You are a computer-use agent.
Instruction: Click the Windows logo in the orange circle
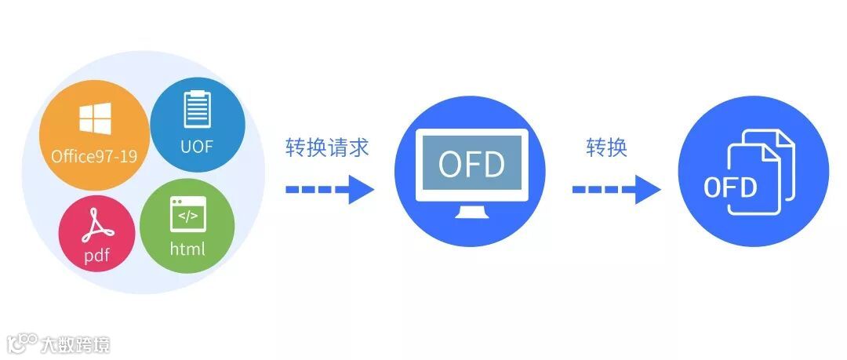pos(94,118)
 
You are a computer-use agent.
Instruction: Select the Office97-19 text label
pos(94,155)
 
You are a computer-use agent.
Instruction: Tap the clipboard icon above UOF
pos(197,109)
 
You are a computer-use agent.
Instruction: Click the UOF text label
pos(197,147)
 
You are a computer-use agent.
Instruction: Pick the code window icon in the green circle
pos(187,214)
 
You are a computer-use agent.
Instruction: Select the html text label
pos(187,249)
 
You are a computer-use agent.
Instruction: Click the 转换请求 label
pos(327,147)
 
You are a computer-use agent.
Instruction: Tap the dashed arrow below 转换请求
pos(329,189)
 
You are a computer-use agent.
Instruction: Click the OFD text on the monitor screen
pos(471,164)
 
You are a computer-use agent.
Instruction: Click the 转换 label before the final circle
pos(607,147)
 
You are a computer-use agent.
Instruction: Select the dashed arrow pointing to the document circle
pos(616,189)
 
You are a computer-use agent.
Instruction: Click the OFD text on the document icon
pos(730,187)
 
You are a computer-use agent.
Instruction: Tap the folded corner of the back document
pos(785,140)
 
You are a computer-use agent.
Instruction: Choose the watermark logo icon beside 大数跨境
pos(23,344)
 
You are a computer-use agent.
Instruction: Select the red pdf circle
pos(96,234)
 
